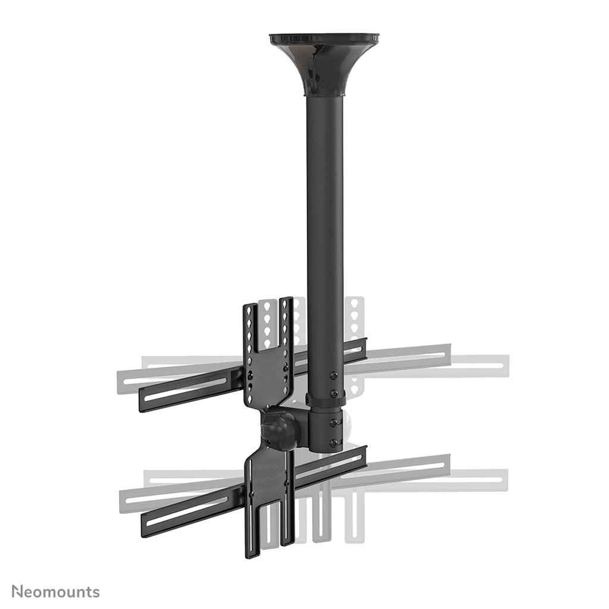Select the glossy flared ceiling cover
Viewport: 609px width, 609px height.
click(325, 65)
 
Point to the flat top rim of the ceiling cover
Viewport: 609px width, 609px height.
click(325, 37)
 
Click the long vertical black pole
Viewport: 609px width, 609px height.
click(325, 238)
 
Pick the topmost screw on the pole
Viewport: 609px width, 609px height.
click(333, 375)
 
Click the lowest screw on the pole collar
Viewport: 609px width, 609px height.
click(333, 442)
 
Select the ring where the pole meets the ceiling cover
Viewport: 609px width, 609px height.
click(325, 94)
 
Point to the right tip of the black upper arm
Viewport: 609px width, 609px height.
click(364, 343)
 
